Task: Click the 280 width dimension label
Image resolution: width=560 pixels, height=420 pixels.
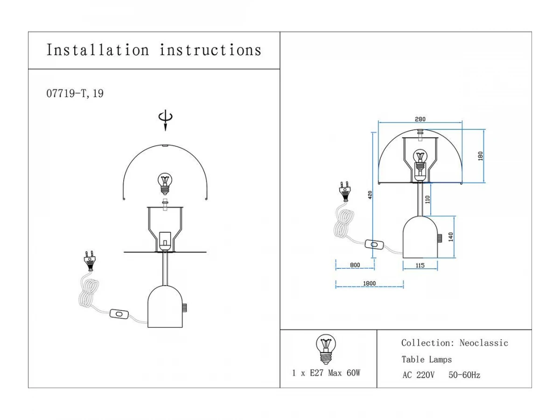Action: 420,119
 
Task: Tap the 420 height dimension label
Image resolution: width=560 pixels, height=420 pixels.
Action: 370,195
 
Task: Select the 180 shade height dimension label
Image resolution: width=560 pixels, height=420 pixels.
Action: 480,156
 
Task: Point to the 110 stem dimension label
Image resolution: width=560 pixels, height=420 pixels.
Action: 427,199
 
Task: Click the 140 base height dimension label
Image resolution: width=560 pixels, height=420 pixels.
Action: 450,237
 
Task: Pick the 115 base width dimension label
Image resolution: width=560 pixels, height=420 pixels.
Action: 420,266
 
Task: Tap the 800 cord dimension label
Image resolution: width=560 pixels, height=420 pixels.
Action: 355,265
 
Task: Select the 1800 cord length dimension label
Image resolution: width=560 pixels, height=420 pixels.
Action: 369,283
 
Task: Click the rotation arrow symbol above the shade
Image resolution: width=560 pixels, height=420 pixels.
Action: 165,120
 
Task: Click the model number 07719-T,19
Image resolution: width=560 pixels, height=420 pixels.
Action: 75,93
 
